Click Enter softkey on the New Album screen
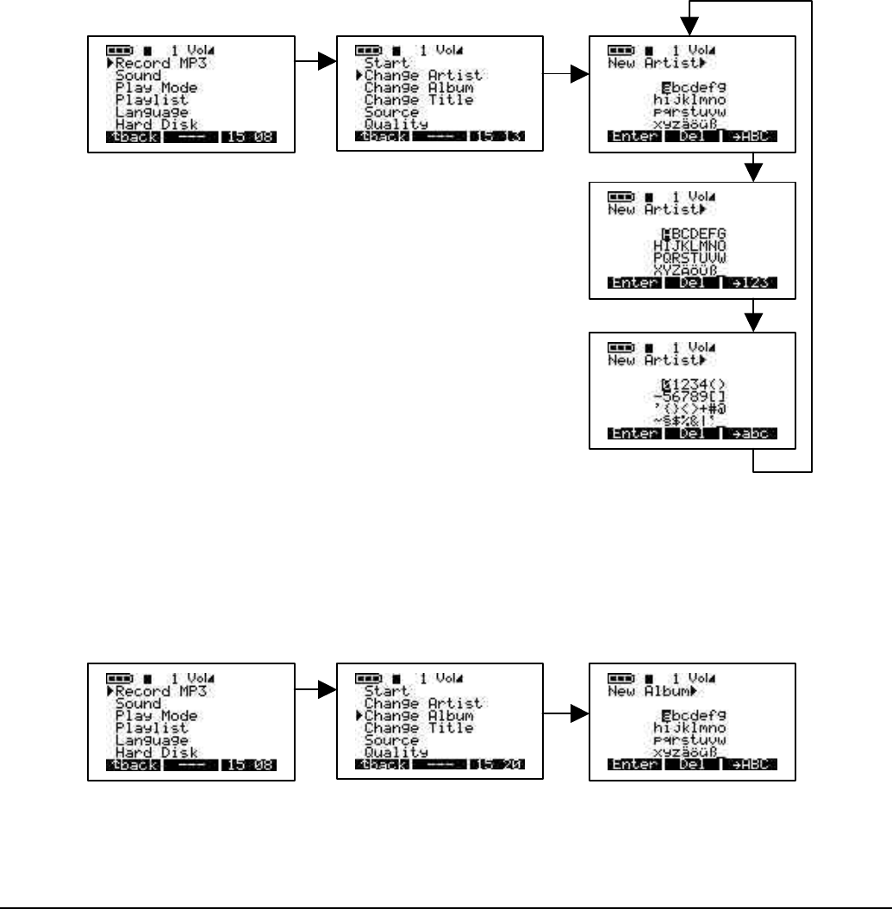633,765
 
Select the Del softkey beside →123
692,283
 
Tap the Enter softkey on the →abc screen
633,433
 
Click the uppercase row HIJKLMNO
690,246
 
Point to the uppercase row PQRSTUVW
690,258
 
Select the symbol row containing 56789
690,396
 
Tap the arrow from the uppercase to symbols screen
754,320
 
